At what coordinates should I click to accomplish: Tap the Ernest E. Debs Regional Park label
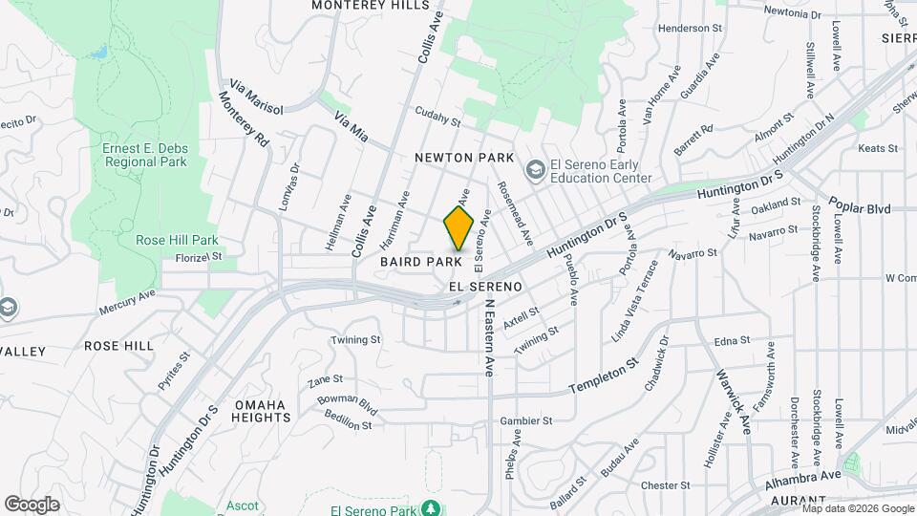144,154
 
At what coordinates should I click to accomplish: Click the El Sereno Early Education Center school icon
535,170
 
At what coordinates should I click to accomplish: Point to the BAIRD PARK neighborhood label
421,261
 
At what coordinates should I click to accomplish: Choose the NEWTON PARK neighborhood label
464,158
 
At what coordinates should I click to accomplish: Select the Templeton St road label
604,378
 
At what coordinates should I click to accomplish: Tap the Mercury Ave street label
127,310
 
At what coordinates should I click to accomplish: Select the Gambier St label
526,420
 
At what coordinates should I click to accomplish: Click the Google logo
32,504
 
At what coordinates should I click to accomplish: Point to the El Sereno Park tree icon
432,506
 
